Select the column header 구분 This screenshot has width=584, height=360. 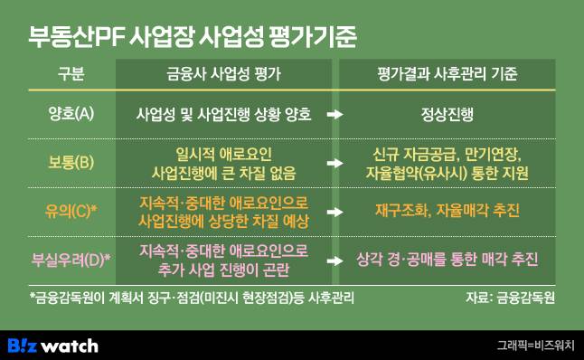71,76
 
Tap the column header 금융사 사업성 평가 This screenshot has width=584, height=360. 223,76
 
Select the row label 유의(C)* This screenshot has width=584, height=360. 72,212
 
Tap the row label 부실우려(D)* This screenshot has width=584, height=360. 72,260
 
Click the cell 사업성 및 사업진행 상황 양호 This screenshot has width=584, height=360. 222,115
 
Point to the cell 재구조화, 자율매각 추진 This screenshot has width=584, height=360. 447,212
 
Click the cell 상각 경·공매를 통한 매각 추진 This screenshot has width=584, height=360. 447,260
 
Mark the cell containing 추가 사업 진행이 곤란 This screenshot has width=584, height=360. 222,268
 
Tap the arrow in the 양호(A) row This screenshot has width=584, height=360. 334,116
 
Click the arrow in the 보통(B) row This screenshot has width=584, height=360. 334,164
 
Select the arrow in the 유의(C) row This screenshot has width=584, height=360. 334,213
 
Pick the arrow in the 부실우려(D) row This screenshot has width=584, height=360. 334,261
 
